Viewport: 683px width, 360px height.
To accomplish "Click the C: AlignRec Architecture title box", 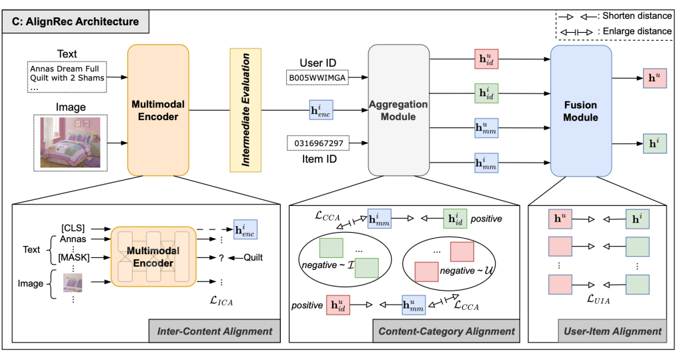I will point(79,22).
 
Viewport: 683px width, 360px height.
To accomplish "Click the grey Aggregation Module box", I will point(398,111).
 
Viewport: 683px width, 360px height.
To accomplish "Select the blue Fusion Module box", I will point(580,111).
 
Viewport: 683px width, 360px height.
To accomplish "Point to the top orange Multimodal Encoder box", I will point(158,111).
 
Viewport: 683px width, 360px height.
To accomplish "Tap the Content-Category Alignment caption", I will point(446,331).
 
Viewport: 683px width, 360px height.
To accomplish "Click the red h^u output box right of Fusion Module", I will point(653,77).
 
